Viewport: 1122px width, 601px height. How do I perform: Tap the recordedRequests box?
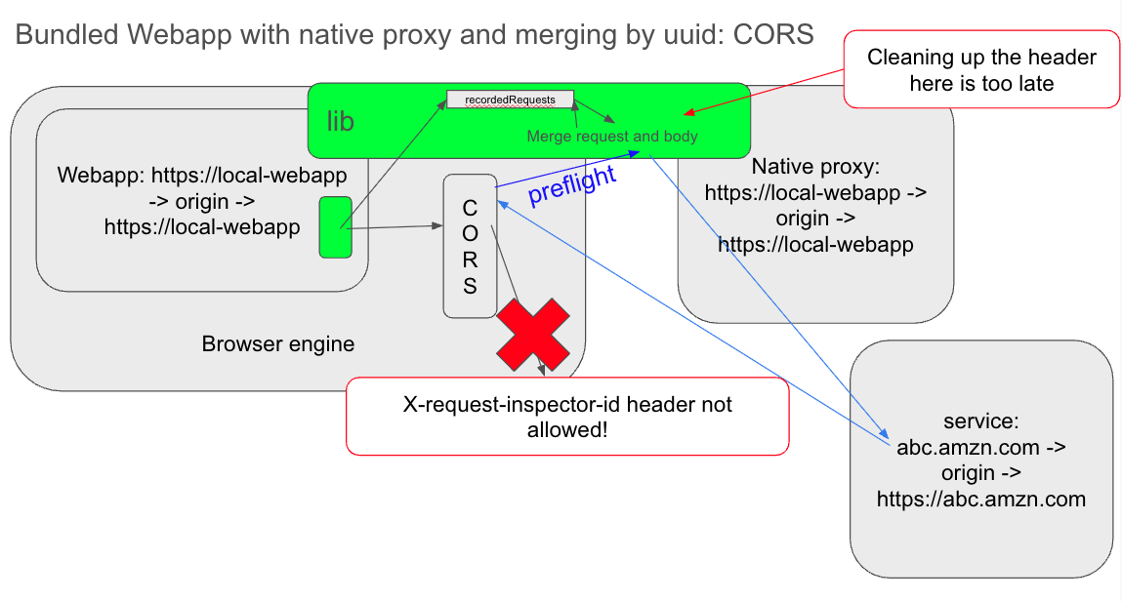click(510, 100)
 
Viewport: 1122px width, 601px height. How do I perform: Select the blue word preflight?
click(571, 185)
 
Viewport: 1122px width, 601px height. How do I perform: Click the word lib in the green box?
click(340, 122)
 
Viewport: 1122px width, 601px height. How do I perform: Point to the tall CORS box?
click(470, 247)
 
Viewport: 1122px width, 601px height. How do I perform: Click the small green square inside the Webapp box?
click(335, 227)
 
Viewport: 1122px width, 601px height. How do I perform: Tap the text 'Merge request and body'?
click(611, 137)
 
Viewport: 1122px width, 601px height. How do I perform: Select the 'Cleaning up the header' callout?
click(980, 71)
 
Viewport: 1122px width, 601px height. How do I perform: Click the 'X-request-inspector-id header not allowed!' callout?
click(566, 417)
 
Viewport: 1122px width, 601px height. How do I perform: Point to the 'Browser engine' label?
click(277, 344)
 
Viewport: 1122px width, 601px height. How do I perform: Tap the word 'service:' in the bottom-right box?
click(980, 422)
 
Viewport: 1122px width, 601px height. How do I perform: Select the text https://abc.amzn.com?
click(980, 499)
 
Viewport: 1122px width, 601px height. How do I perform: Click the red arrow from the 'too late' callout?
click(762, 92)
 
